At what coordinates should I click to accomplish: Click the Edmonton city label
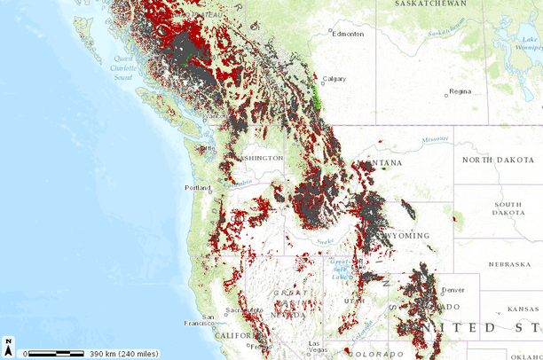click(x=348, y=34)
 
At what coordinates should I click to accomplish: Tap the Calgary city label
click(x=334, y=78)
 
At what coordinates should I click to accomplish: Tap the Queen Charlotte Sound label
click(x=130, y=67)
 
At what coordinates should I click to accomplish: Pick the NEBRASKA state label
click(x=509, y=264)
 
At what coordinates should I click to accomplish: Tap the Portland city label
click(x=198, y=188)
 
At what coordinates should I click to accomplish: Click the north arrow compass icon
click(x=8, y=343)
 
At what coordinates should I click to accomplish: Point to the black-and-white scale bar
click(x=56, y=353)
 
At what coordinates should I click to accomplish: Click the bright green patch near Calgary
click(x=316, y=98)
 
